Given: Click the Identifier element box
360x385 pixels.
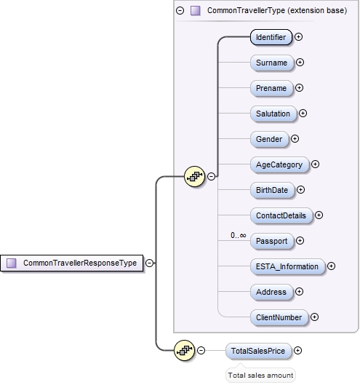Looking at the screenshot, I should coord(271,36).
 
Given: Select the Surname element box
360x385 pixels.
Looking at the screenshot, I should coord(271,63).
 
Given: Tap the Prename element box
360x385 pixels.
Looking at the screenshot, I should coord(270,88).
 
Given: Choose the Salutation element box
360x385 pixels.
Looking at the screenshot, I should coord(273,114).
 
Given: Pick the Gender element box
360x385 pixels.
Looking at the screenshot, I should coord(268,139).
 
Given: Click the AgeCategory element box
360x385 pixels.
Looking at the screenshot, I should coord(279,164).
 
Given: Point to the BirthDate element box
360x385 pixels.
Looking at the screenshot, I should coord(271,190).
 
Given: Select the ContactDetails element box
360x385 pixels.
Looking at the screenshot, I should coord(281,215).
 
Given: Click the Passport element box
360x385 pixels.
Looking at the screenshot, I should coord(271,241).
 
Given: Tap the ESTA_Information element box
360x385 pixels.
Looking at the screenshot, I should coord(287,266).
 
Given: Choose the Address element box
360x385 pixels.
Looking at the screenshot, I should coord(270,292).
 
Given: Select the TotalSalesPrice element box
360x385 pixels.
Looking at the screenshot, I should coord(258,351).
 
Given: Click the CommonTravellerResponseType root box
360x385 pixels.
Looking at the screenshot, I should coord(72,263).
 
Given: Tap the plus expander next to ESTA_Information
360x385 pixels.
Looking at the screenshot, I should coord(332,266).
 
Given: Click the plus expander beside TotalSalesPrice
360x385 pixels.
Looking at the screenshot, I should coord(297,351).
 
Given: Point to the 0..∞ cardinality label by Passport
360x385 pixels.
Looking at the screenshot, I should coord(238,235).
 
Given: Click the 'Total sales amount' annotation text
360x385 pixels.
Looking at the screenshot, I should coord(260,375).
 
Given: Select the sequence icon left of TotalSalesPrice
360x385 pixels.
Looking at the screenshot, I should coord(185,351).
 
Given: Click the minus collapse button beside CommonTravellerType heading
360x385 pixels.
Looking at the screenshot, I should coord(180,10).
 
